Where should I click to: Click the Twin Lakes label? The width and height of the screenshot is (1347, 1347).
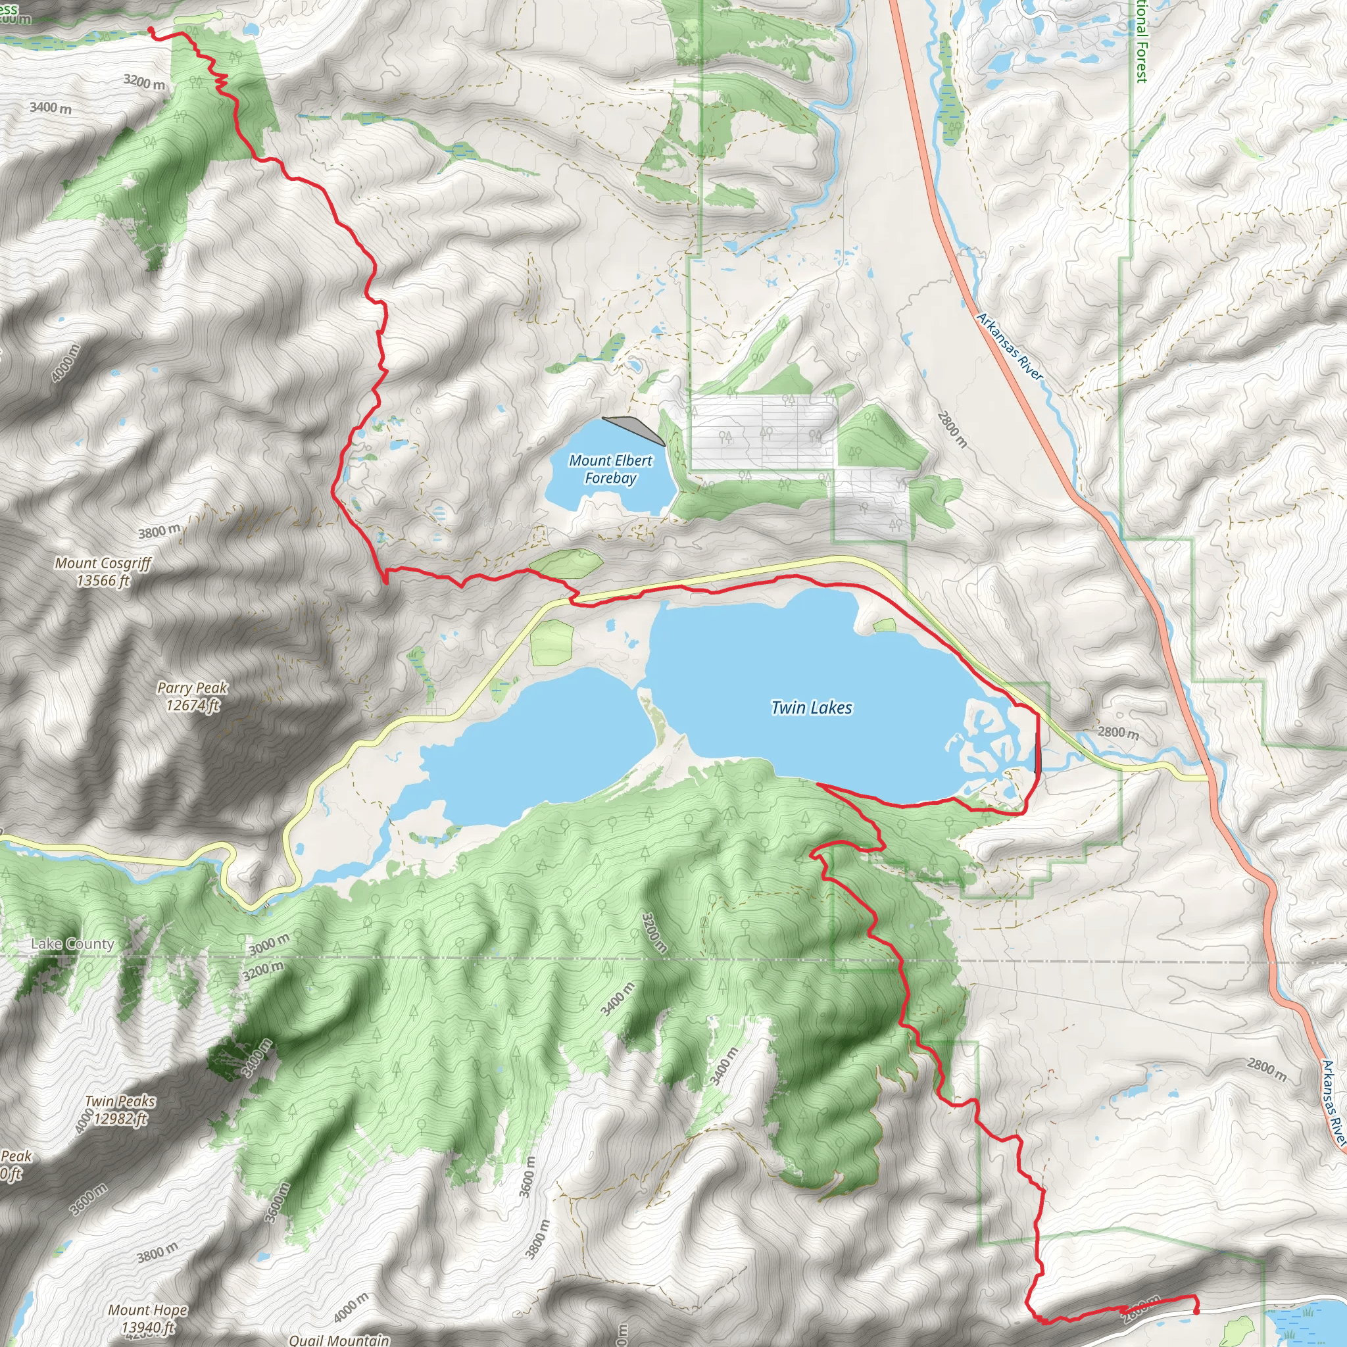coord(812,708)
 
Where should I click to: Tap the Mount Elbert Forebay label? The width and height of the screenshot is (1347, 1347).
coord(611,469)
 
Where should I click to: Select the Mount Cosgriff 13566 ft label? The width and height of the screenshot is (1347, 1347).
coord(103,572)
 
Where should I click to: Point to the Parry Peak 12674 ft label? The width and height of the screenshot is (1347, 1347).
coord(193,696)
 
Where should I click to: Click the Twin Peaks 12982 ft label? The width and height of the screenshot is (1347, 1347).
coord(120,1110)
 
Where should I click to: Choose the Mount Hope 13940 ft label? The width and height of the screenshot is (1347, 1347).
coord(147,1319)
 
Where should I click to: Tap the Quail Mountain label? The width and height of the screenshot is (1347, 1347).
coord(339,1339)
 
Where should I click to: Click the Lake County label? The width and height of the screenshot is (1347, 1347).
coord(72,944)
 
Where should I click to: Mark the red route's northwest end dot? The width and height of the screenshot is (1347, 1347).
coord(151,28)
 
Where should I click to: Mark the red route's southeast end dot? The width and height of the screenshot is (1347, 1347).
coord(1196,1311)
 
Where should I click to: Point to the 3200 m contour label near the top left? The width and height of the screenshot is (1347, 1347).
coord(144,82)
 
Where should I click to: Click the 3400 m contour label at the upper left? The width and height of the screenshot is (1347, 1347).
coord(50,107)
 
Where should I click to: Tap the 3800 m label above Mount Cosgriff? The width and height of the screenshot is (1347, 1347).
coord(159,532)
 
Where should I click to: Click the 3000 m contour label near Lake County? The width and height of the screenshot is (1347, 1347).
coord(269,944)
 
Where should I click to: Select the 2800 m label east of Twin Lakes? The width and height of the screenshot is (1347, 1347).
coord(1117,732)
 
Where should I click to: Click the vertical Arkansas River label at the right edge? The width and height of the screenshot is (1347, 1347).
coord(1334,1102)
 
